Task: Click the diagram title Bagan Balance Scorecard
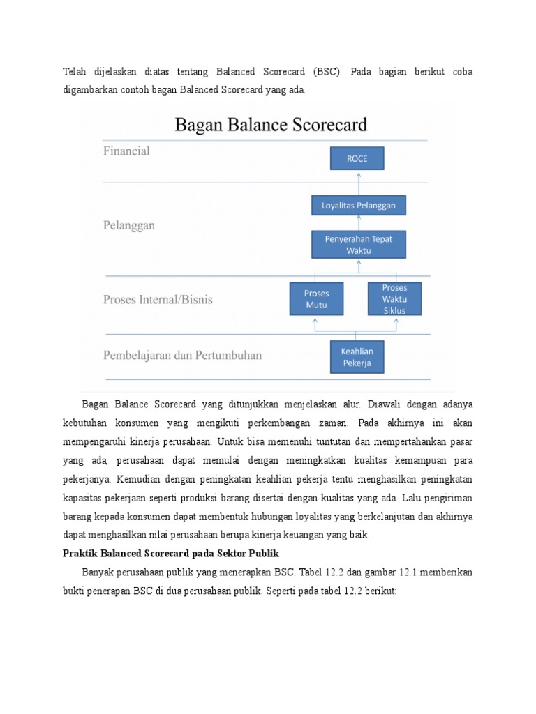click(x=271, y=126)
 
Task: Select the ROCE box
click(x=357, y=158)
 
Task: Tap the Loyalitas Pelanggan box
click(x=358, y=205)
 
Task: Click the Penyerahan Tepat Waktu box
click(x=358, y=245)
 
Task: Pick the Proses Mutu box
click(x=315, y=299)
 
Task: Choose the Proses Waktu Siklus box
click(x=394, y=299)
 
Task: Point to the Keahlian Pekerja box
click(x=357, y=356)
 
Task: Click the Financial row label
click(x=126, y=151)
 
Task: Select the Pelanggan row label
click(x=129, y=226)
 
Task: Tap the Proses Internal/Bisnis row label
click(x=158, y=300)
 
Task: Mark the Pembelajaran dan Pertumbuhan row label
click(x=183, y=356)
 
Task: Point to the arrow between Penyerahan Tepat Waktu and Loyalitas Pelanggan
click(x=358, y=222)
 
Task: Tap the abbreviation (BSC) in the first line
click(x=326, y=72)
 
